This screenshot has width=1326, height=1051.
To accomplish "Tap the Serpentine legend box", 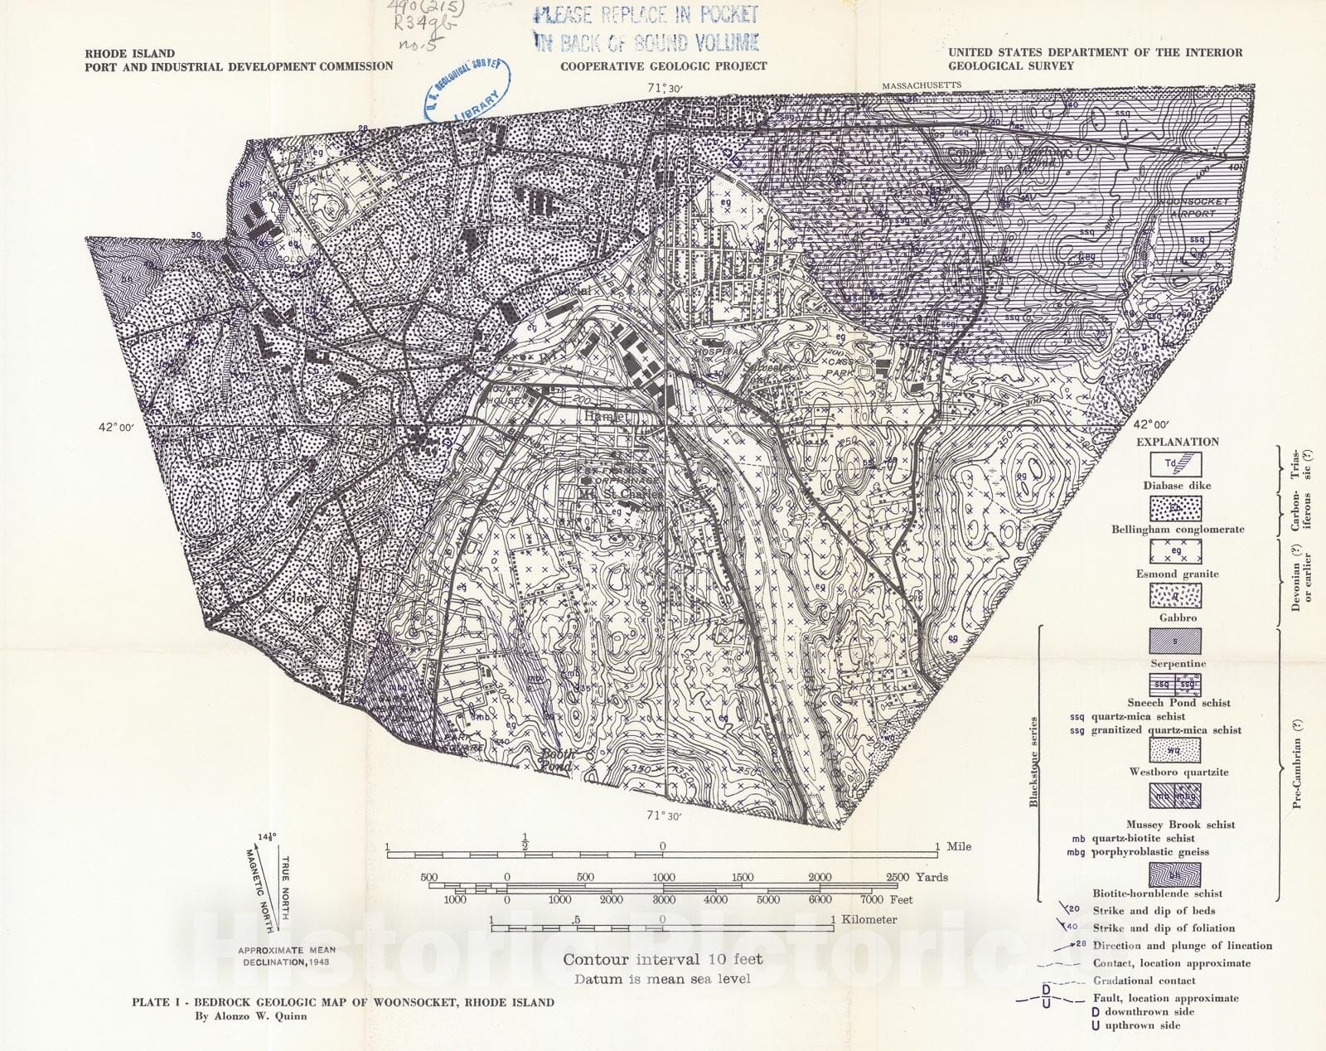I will (1174, 641).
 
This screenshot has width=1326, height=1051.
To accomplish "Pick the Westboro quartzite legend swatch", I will (1174, 750).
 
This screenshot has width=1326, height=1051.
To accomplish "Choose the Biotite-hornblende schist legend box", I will (1174, 874).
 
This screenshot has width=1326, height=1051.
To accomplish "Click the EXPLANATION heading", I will (1177, 442).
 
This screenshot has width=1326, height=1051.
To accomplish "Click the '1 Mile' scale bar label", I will (953, 846).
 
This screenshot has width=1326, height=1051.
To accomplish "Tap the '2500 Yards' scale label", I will (917, 877).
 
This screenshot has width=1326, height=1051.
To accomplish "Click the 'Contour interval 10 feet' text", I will (662, 959).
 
